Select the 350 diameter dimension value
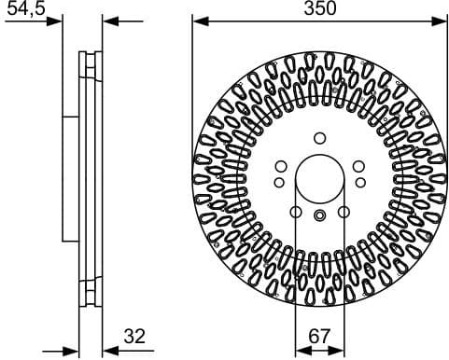coord(319,8)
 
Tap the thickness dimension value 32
coord(134,337)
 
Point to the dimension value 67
coord(320,337)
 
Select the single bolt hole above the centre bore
coord(319,138)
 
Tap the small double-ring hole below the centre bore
coord(319,216)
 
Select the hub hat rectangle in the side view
coord(69,177)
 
